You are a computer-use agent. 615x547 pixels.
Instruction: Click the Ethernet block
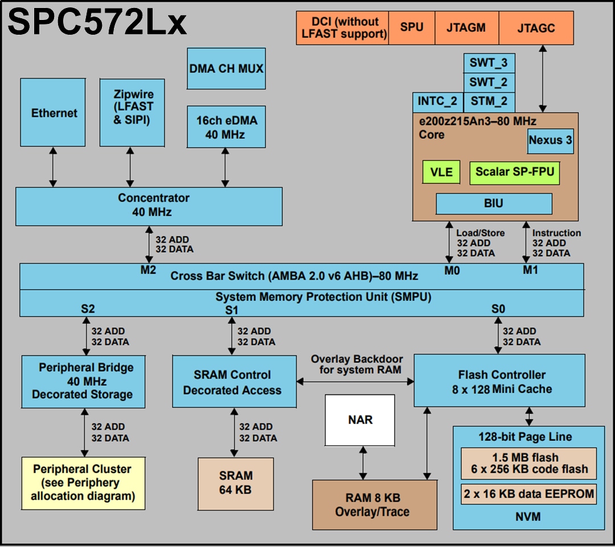point(54,113)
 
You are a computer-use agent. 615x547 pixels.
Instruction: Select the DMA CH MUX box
point(227,68)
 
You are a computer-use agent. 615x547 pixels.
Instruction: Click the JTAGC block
point(536,28)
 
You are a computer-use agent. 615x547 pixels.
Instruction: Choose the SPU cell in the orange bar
point(412,28)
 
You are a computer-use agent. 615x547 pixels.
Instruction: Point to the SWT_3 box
point(489,63)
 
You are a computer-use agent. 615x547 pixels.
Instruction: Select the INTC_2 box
point(437,102)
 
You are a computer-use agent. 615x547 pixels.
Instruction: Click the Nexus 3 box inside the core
point(550,140)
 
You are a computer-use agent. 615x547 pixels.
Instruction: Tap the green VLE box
point(441,171)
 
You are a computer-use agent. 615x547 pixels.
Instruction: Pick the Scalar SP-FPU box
point(515,171)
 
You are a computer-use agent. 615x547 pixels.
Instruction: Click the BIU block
point(494,203)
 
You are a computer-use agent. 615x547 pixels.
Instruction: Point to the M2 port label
point(148,270)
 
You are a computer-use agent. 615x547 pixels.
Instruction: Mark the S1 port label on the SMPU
point(232,310)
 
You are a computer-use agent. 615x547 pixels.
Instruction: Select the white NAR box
point(360,420)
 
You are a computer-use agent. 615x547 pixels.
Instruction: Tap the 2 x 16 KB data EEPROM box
point(528,493)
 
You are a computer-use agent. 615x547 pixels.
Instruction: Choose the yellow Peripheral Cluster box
point(83,482)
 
